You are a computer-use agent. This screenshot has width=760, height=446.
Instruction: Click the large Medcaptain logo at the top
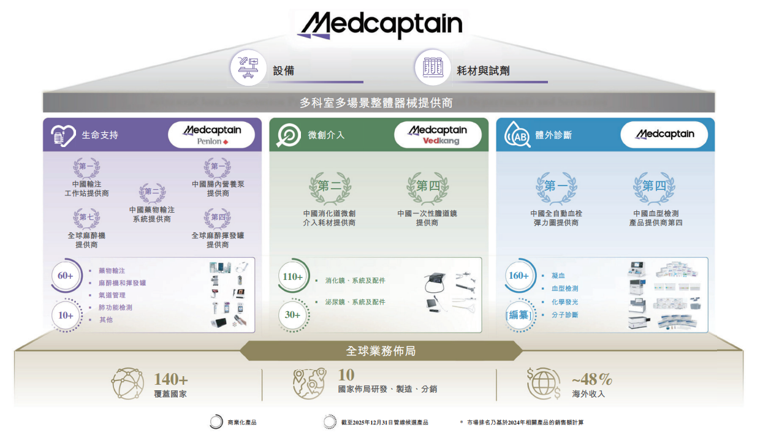pyautogui.click(x=380, y=25)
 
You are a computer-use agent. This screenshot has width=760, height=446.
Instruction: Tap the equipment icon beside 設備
pyautogui.click(x=248, y=68)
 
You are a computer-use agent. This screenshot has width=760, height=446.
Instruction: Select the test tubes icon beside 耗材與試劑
pyautogui.click(x=432, y=68)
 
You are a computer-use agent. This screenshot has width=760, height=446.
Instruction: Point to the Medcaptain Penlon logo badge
pyautogui.click(x=212, y=135)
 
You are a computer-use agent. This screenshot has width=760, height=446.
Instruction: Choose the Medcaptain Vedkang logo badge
pyautogui.click(x=438, y=135)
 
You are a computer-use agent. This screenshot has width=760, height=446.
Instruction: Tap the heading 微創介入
pyautogui.click(x=326, y=135)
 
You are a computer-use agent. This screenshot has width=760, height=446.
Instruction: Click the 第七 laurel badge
pyautogui.click(x=87, y=217)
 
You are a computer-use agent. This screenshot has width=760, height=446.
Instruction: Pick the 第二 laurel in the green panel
pyautogui.click(x=330, y=186)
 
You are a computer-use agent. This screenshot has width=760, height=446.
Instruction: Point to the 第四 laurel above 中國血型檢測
pyautogui.click(x=655, y=186)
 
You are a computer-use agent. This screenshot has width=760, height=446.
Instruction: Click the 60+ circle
pyautogui.click(x=66, y=276)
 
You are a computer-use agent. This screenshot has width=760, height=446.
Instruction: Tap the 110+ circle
pyautogui.click(x=292, y=277)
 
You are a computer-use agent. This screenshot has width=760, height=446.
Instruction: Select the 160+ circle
pyautogui.click(x=519, y=276)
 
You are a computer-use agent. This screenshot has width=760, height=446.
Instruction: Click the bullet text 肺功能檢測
pyautogui.click(x=115, y=308)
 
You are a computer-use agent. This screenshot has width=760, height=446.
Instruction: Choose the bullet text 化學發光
pyautogui.click(x=564, y=302)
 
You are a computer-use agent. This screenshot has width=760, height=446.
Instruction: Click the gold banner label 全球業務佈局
pyautogui.click(x=381, y=351)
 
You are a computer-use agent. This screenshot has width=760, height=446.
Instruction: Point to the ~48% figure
pyautogui.click(x=592, y=379)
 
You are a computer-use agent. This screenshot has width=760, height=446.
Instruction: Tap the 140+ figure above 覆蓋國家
pyautogui.click(x=171, y=380)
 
